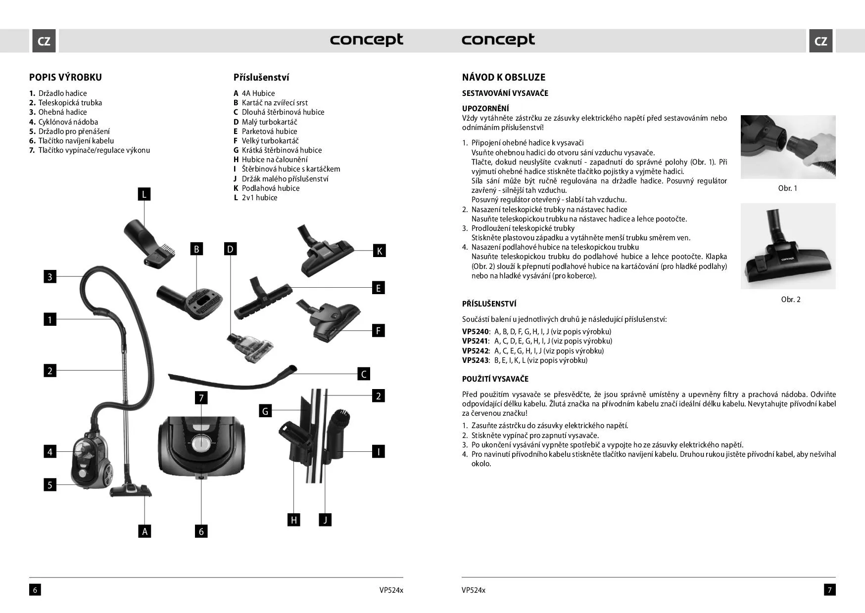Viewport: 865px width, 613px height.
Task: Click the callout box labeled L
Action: point(144,194)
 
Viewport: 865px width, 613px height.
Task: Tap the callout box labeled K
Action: point(379,251)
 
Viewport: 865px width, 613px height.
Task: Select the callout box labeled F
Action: point(378,331)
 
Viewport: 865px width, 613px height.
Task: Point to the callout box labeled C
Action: point(364,374)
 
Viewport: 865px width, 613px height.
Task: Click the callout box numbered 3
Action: point(49,277)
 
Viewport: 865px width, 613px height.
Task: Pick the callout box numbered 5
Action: point(49,485)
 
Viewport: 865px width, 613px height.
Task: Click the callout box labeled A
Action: point(144,531)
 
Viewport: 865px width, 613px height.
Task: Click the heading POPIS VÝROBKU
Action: point(65,77)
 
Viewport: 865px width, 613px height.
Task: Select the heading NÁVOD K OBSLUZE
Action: point(503,77)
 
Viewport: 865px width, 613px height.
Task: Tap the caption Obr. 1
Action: point(787,188)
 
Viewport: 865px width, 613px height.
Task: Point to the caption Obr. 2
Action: point(790,300)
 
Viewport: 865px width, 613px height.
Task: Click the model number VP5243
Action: point(475,360)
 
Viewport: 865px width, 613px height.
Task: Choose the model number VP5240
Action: point(475,332)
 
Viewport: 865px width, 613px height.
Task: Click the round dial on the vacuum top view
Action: point(201,443)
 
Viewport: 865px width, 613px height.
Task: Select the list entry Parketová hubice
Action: point(269,131)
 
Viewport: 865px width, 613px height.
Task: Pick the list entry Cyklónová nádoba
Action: point(68,122)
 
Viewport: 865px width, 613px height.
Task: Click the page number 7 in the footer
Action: point(830,590)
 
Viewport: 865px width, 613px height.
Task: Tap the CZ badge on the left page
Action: point(44,41)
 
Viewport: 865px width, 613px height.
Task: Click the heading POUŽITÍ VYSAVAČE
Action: point(495,379)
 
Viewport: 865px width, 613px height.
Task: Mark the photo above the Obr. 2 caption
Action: point(788,246)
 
